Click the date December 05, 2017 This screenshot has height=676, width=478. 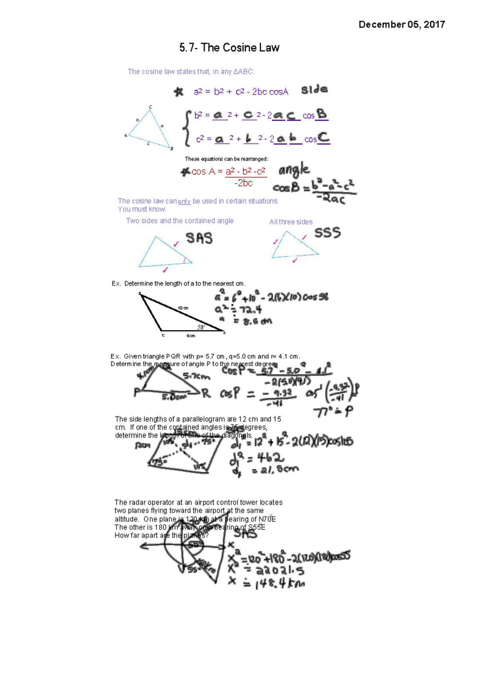point(402,25)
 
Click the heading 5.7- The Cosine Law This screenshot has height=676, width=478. point(229,48)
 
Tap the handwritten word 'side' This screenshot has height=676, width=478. point(314,90)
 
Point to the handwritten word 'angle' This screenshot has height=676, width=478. point(294,170)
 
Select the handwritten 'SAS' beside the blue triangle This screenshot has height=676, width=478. point(199,238)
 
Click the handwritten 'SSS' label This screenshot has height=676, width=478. point(327,232)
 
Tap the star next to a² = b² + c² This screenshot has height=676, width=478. point(178,92)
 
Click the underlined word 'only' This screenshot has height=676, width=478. point(184,201)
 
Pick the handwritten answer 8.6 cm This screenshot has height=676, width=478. point(253,321)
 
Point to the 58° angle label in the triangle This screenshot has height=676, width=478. point(201,327)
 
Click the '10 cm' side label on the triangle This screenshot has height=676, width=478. point(183,308)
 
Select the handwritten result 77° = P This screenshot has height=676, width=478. point(333,412)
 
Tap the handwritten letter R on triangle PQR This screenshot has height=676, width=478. point(206,394)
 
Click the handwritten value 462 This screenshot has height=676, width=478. point(265,457)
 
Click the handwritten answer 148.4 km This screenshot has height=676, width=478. point(279,584)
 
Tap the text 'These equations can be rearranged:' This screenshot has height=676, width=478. point(226,159)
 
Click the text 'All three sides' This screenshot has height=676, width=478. point(291,222)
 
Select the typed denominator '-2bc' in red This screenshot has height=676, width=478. point(243,183)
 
